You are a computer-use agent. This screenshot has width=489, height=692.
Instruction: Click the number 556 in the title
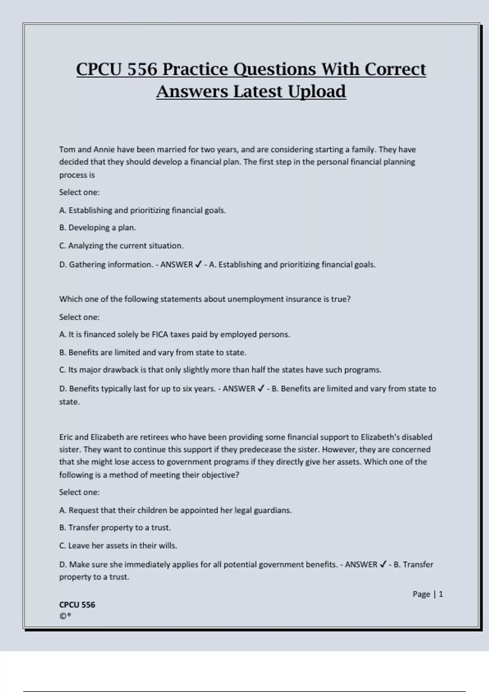click(142, 69)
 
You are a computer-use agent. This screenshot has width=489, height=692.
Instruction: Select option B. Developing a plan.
click(97, 228)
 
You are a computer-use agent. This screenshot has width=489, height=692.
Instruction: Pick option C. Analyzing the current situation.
click(121, 245)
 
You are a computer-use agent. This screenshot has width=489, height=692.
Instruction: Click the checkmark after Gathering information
click(198, 265)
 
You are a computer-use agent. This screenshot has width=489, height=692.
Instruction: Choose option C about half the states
click(220, 370)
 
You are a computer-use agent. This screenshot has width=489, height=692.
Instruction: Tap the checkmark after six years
click(261, 389)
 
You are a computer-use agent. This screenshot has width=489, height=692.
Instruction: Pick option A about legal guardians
click(175, 510)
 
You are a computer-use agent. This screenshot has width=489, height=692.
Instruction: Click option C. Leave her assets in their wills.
click(118, 545)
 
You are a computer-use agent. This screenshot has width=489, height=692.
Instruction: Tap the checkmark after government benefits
click(383, 565)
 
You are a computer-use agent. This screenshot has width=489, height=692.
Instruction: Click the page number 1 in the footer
click(441, 594)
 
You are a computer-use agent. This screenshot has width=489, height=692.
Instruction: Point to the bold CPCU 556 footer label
click(77, 605)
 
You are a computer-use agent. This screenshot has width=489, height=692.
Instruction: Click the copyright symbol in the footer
click(63, 616)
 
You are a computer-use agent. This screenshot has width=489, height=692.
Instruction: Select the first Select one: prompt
click(79, 192)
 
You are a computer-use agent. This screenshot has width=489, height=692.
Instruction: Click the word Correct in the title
click(395, 69)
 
